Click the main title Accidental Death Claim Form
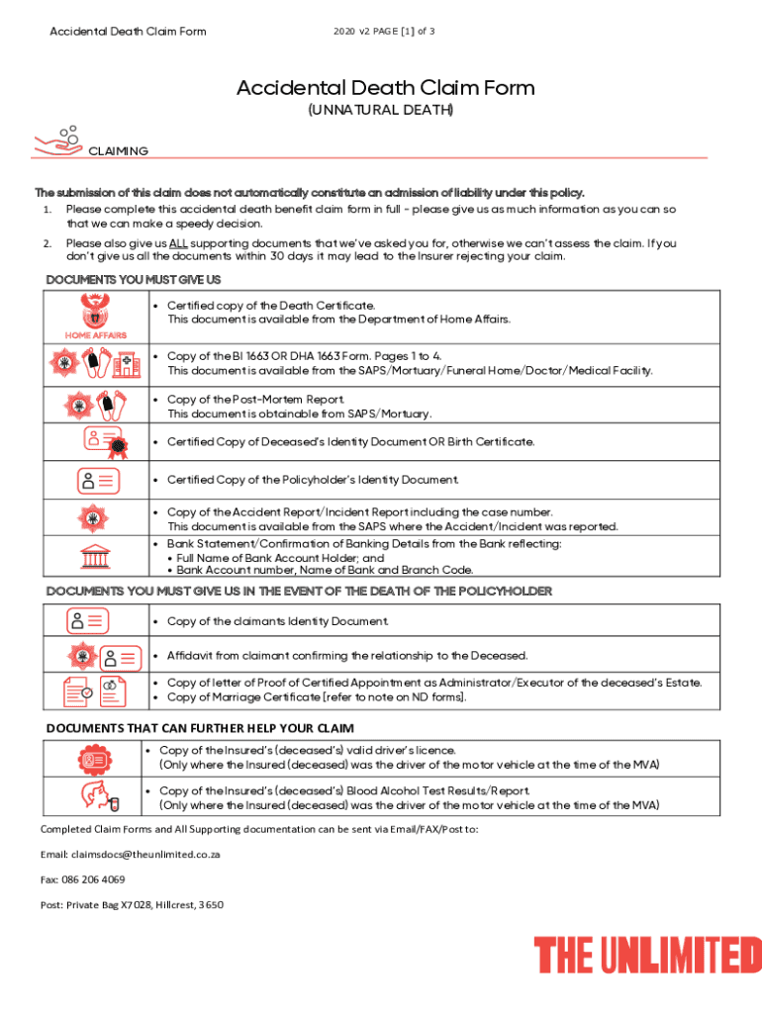385,88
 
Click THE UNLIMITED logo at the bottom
648,956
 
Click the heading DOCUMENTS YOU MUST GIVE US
134,280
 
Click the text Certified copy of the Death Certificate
270,306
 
